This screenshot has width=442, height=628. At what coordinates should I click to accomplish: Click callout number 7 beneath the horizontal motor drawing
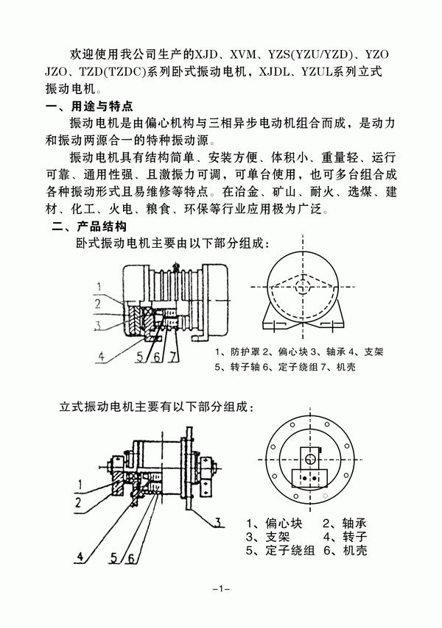point(172,358)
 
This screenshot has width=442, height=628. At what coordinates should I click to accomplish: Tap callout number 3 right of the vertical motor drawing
point(219,523)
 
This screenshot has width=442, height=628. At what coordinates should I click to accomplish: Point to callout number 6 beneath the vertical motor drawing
point(130,557)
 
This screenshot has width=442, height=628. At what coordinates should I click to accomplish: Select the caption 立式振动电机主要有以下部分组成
point(158,406)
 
